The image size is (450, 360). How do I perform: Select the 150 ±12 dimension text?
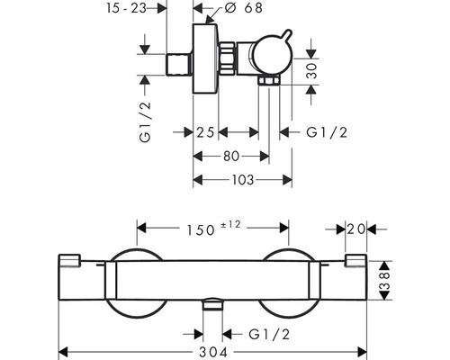(x=211, y=230)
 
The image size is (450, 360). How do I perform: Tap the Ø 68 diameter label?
(x=239, y=9)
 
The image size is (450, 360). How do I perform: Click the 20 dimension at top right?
(x=356, y=230)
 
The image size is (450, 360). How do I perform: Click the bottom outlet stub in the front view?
(x=211, y=308)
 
